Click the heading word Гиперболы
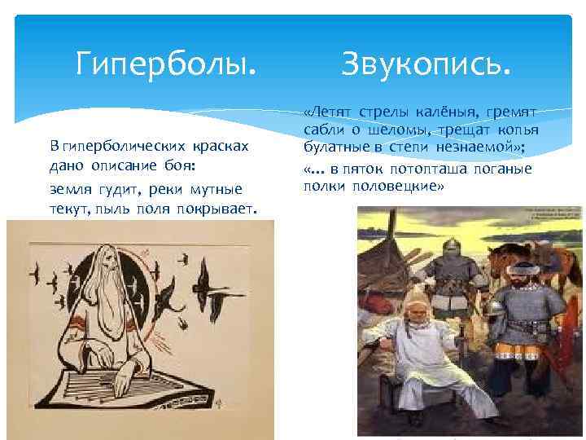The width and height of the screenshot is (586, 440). (x=165, y=62)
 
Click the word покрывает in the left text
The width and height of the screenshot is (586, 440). (x=222, y=210)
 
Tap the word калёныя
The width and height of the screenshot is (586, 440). (x=447, y=111)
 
